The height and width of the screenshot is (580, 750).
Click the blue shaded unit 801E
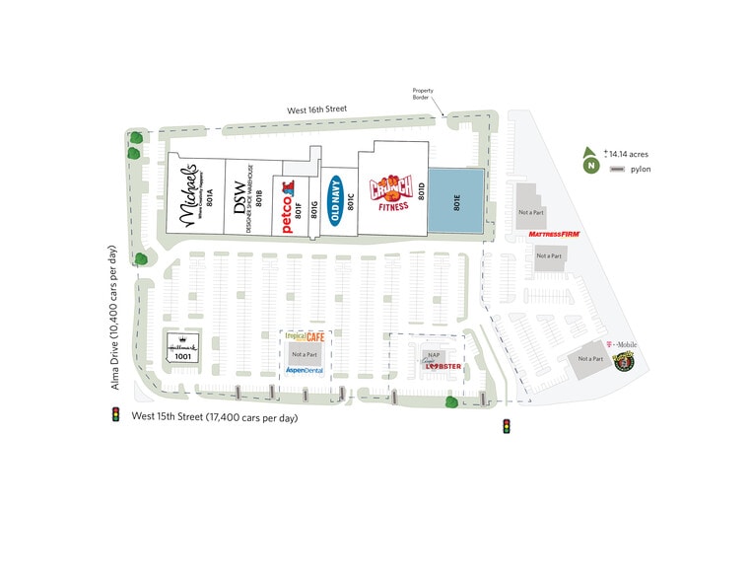point(458,201)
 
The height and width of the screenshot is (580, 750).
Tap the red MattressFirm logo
point(553,235)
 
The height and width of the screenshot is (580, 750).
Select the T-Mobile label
point(624,344)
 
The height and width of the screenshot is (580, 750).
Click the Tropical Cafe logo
point(304,336)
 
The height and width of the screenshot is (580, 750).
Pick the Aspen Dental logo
point(305,370)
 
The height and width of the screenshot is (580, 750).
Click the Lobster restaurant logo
point(436,367)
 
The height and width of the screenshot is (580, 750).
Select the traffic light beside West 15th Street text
point(115,416)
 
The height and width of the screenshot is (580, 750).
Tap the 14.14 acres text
point(629,154)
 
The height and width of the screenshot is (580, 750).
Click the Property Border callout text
point(422,94)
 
